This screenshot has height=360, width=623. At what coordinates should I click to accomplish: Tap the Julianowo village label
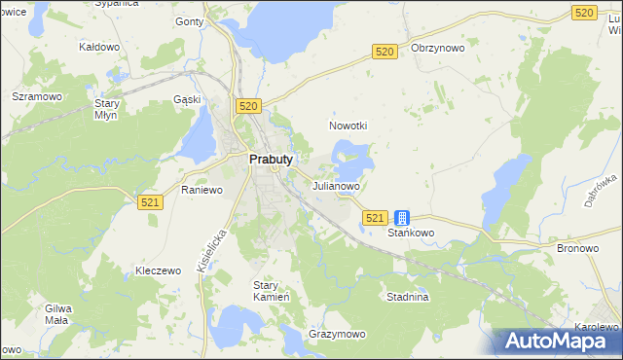pyautogui.click(x=336, y=185)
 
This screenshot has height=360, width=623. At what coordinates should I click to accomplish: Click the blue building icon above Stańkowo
pyautogui.click(x=402, y=219)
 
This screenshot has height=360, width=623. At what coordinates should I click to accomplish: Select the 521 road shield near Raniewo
pyautogui.click(x=149, y=201)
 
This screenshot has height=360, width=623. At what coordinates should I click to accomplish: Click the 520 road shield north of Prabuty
pyautogui.click(x=247, y=105)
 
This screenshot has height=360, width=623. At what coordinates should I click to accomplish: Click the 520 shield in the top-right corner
pyautogui.click(x=584, y=12)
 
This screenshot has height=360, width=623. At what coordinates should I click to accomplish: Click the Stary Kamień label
pyautogui.click(x=266, y=291)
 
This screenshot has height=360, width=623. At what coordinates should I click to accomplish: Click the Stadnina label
pyautogui.click(x=407, y=297)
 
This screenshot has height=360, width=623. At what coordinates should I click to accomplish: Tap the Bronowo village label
pyautogui.click(x=576, y=249)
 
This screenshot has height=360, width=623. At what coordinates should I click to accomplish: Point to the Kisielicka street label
pyautogui.click(x=211, y=250)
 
